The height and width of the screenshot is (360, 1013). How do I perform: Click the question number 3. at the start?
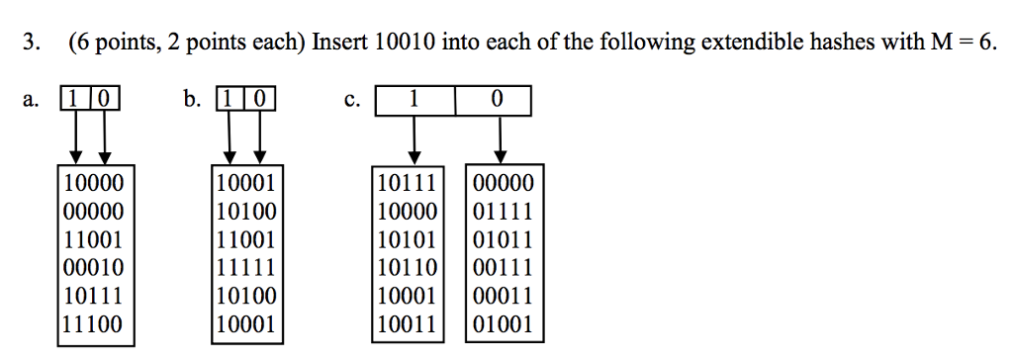[33, 43]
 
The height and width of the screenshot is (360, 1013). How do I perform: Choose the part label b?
[191, 99]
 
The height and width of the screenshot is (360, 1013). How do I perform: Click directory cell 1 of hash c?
[414, 99]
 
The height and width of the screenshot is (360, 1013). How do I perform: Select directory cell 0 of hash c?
[495, 99]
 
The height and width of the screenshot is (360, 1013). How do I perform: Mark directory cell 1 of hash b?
[230, 99]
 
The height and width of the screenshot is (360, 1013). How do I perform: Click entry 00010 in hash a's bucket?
[94, 266]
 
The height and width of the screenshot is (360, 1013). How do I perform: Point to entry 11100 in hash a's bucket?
[94, 323]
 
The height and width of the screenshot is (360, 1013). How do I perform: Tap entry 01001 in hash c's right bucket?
[504, 323]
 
